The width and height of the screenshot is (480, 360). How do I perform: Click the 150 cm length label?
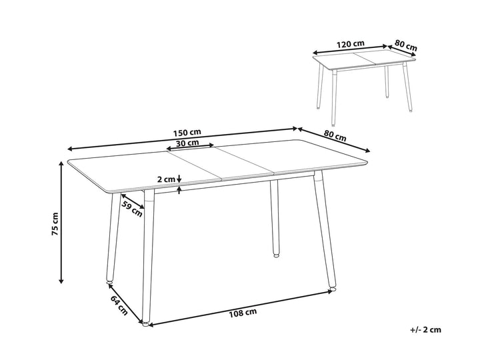(187, 133)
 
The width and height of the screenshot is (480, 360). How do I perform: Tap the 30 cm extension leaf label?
(187, 143)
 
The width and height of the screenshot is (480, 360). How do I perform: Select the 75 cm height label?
(55, 224)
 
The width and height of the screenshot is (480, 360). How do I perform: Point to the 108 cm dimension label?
(243, 313)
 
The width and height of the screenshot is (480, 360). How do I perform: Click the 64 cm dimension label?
(119, 305)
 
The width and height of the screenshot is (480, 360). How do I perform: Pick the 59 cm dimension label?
(132, 209)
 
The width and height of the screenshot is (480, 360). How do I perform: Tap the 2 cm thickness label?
(165, 179)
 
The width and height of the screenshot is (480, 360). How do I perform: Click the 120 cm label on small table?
(351, 44)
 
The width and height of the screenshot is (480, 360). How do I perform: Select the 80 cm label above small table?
(405, 45)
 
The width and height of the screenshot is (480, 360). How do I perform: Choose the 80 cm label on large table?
(335, 135)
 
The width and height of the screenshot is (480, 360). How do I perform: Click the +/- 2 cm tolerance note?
(426, 330)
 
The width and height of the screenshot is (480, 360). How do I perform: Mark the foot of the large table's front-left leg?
(146, 323)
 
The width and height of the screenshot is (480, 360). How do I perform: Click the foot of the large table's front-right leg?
(332, 289)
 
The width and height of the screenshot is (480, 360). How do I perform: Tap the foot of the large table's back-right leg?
(276, 255)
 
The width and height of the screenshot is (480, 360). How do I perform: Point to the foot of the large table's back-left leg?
(109, 281)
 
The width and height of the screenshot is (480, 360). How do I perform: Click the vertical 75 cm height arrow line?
(61, 223)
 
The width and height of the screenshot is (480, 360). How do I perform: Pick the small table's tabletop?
(364, 59)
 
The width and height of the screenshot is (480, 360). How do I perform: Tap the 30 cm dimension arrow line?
(190, 147)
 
